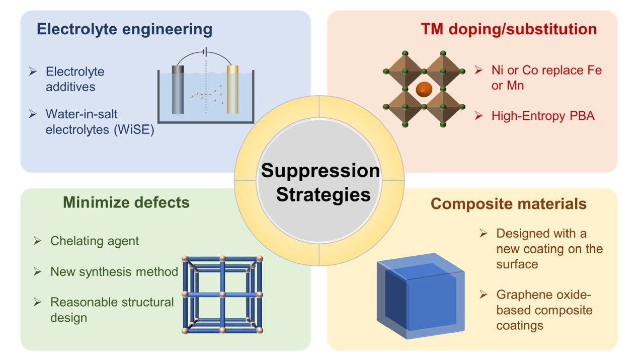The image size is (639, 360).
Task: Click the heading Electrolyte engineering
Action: pyautogui.click(x=124, y=30)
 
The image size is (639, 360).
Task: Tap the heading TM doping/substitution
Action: pyautogui.click(x=509, y=30)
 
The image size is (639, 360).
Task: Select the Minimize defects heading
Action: pyautogui.click(x=126, y=202)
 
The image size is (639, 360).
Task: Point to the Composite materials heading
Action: pyautogui.click(x=509, y=204)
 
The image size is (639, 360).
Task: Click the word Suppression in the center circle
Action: pyautogui.click(x=321, y=171)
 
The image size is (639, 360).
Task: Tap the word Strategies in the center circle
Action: pyautogui.click(x=323, y=194)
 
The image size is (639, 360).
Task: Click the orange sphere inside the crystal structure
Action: pyautogui.click(x=424, y=89)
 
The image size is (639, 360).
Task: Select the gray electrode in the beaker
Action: pyautogui.click(x=178, y=90)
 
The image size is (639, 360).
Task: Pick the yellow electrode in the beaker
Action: pyautogui.click(x=232, y=90)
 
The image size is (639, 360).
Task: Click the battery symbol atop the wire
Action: pyautogui.click(x=205, y=52)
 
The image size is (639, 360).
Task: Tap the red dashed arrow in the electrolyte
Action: pyautogui.click(x=205, y=95)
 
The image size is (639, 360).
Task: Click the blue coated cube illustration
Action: pyautogui.click(x=421, y=296)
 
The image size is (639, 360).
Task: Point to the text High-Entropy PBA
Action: pyautogui.click(x=543, y=116)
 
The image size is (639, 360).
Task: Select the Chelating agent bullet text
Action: pyautogui.click(x=95, y=241)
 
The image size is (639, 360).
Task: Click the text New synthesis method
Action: pyautogui.click(x=114, y=272)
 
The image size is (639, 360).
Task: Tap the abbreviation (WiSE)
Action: pyautogui.click(x=134, y=130)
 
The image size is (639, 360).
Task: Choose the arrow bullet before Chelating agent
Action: pyautogui.click(x=37, y=241)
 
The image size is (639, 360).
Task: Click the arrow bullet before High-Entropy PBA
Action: pyautogui.click(x=478, y=116)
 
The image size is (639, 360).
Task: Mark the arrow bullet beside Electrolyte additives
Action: pyautogui.click(x=33, y=71)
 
